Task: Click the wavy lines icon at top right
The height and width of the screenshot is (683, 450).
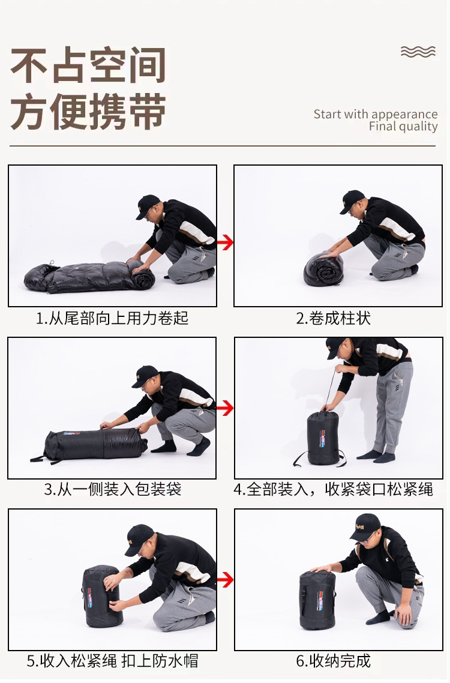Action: (x=418, y=52)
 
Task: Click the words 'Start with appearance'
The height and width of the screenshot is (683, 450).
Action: (x=376, y=114)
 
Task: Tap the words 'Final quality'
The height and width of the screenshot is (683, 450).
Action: (x=403, y=126)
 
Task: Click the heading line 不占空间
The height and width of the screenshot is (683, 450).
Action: (x=88, y=65)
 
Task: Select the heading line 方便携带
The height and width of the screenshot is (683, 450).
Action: (x=88, y=111)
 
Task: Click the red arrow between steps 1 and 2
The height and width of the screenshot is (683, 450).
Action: (x=225, y=242)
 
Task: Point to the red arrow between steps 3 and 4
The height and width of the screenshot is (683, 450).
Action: (x=225, y=408)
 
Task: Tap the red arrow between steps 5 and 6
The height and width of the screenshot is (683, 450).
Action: (x=225, y=580)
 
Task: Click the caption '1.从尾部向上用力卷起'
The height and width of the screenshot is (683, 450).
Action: (x=112, y=319)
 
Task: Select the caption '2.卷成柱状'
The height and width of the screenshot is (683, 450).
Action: (x=333, y=319)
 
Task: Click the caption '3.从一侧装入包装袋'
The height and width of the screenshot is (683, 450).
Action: (x=112, y=489)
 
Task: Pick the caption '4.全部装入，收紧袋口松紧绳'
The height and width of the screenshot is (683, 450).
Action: (x=333, y=489)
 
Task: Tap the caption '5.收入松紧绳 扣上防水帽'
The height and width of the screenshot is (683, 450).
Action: (x=112, y=661)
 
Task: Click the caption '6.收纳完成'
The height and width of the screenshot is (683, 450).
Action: (x=333, y=661)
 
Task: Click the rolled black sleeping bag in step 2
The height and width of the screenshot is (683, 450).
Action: (x=323, y=269)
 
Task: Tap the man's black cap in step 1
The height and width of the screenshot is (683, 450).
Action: (x=147, y=206)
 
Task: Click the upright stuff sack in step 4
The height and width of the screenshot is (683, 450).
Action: (x=323, y=438)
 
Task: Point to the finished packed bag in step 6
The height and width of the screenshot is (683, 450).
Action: (x=317, y=600)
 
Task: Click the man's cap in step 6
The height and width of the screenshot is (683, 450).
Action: (x=365, y=526)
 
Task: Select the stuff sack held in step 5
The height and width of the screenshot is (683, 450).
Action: (x=102, y=596)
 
